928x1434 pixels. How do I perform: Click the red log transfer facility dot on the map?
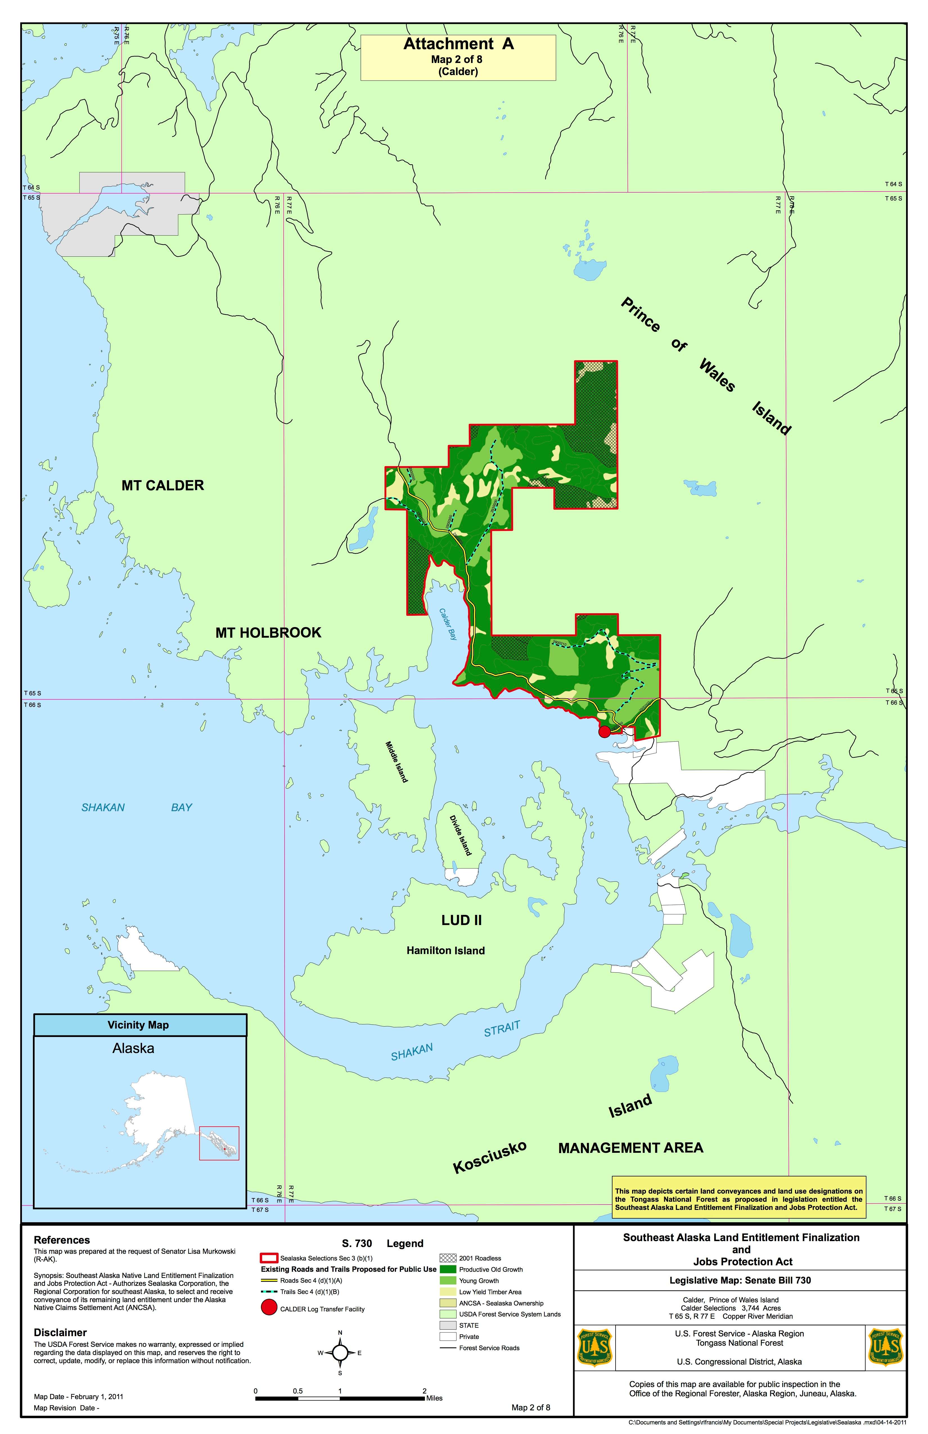tap(604, 731)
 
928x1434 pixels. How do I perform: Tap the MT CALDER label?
tap(163, 486)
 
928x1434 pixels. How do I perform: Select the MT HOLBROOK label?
tap(268, 633)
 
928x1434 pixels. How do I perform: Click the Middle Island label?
tap(397, 762)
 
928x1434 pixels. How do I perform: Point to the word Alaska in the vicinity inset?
tap(133, 1049)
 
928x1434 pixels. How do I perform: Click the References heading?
tap(62, 1240)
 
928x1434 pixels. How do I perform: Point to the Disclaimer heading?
tap(60, 1332)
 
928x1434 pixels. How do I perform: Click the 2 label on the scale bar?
tap(425, 1391)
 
